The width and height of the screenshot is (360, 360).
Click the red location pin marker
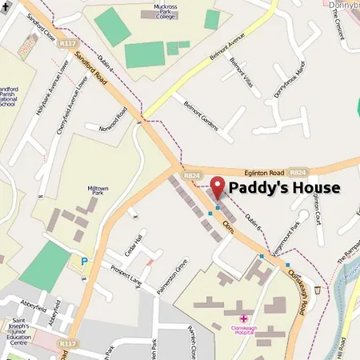[x=218, y=186]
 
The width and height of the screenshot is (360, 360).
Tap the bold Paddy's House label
[x=285, y=188]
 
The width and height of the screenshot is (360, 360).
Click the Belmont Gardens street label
[x=199, y=113]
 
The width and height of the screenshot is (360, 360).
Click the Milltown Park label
[x=97, y=193]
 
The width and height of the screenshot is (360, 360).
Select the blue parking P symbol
[x=85, y=260]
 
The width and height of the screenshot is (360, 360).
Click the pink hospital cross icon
[x=243, y=318]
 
